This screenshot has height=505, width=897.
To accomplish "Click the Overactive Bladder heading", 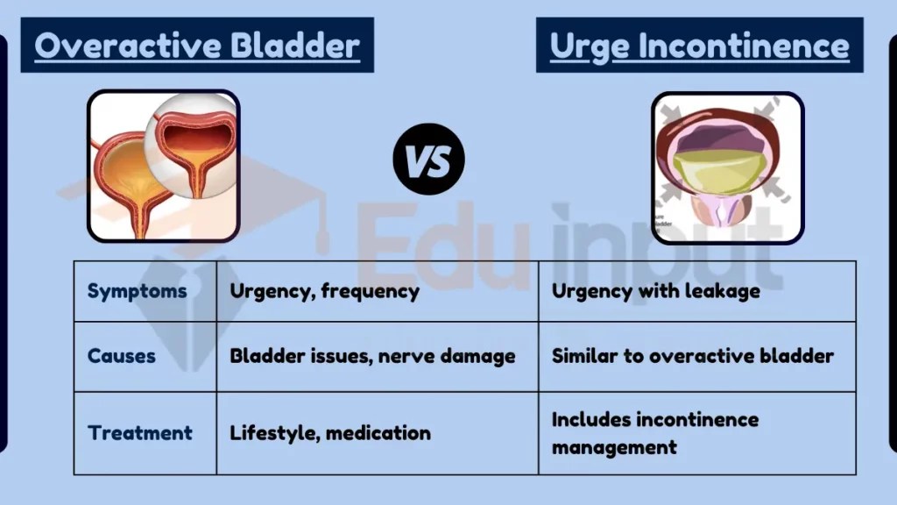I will coord(197,46).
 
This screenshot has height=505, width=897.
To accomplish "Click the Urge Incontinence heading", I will coord(699,46).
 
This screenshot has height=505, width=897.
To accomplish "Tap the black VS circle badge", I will coord(428,160).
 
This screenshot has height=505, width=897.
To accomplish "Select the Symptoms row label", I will coord(137,291).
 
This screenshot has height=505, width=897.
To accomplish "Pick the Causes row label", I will coord(122,356).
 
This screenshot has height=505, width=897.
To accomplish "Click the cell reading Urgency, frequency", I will coord(324,291).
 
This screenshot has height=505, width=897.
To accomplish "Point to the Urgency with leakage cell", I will coord(655,291).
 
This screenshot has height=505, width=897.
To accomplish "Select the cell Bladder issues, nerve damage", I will coord(372,356).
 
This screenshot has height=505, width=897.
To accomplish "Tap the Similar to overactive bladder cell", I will coord(692,356).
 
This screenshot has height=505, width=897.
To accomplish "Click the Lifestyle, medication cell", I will coord(329,432).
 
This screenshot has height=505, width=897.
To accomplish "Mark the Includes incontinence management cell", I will coord(654,433).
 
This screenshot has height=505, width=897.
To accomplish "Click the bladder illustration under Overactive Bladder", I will coord(163,166).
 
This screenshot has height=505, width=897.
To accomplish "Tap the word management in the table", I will coord(614,447).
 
